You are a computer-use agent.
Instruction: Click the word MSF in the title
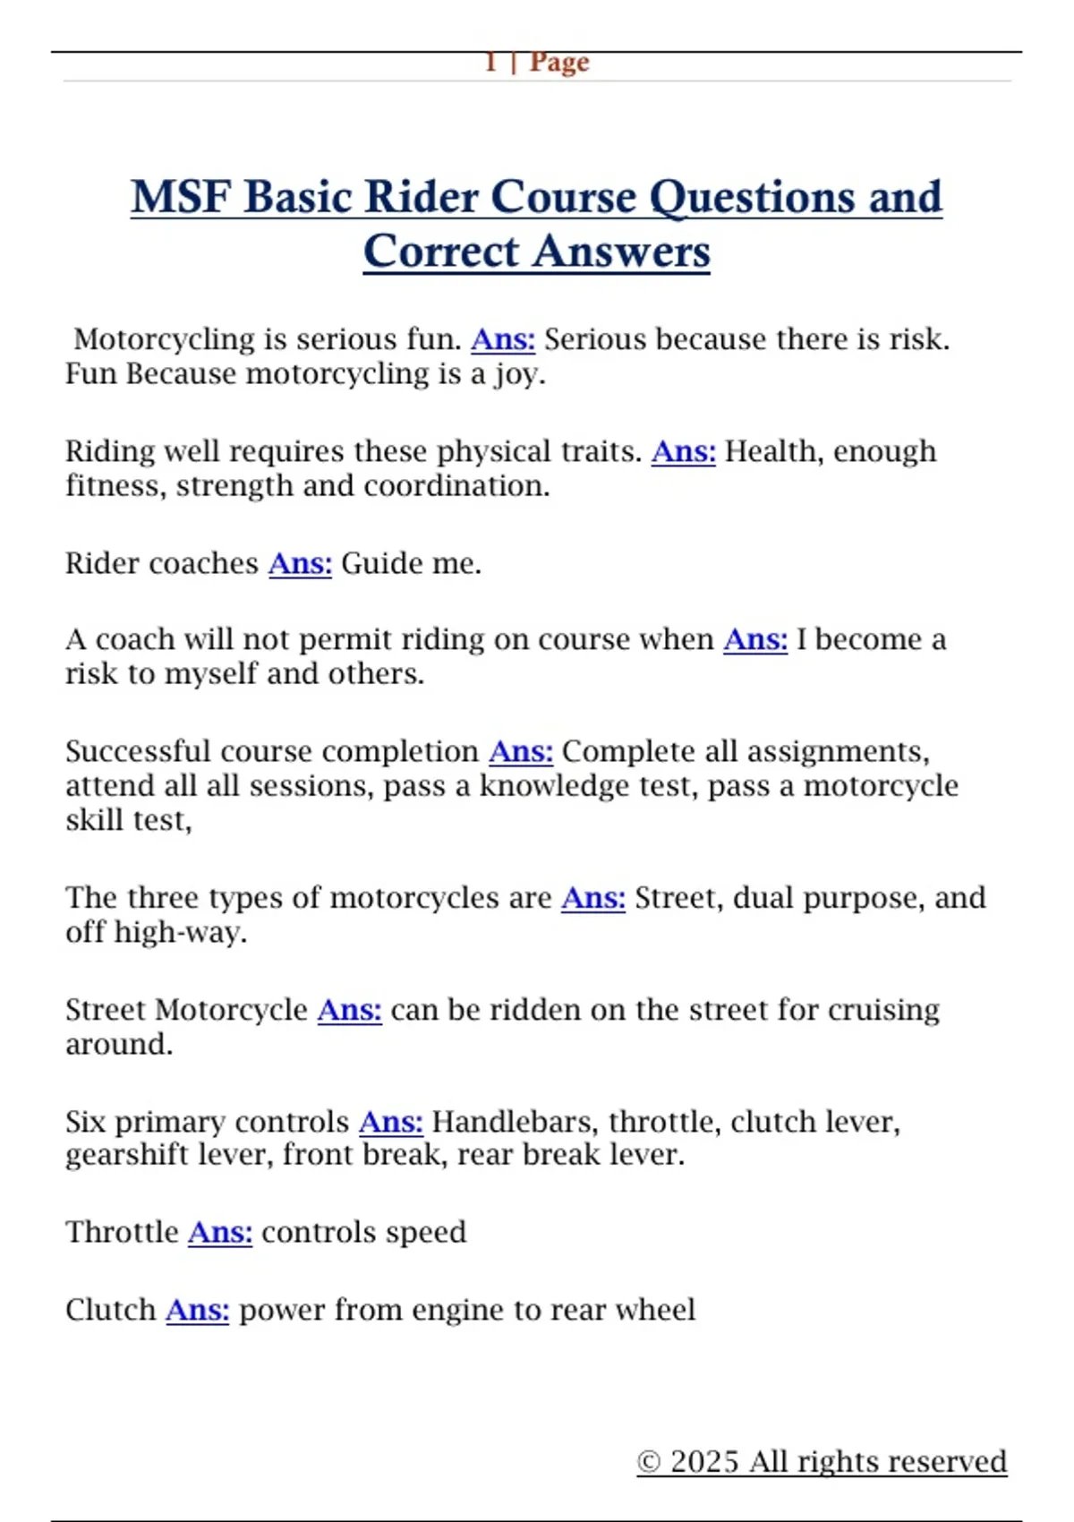click(x=181, y=197)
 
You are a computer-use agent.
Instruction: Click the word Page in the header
click(x=559, y=63)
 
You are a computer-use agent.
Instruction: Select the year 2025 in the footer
click(x=704, y=1462)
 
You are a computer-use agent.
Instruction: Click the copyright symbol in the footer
click(x=649, y=1462)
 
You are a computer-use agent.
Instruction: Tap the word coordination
click(x=456, y=486)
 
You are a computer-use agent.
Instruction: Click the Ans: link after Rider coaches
click(x=300, y=563)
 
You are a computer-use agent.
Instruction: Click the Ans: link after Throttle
click(x=219, y=1233)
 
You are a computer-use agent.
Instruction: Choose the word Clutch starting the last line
click(x=110, y=1310)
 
